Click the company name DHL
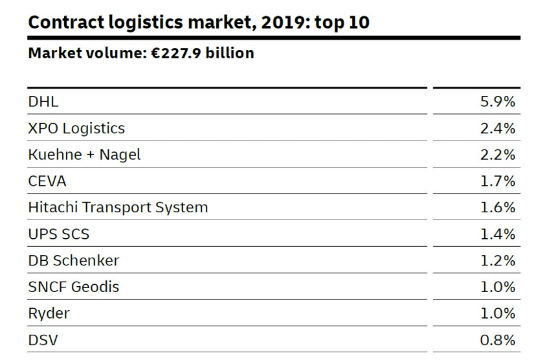[x=43, y=102]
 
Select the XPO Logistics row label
[x=76, y=128]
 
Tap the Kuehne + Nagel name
[x=84, y=155]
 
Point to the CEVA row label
[x=47, y=181]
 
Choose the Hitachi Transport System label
[x=118, y=208]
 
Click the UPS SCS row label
[x=59, y=234]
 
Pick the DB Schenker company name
[x=74, y=261]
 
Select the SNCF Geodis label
[x=74, y=287]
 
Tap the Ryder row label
[x=49, y=313]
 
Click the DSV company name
[x=43, y=340]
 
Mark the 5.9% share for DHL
[x=497, y=102]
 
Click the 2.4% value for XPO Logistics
[x=497, y=128]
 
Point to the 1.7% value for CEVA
[x=497, y=181]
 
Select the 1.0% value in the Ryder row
[x=497, y=313]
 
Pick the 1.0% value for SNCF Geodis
[x=497, y=287]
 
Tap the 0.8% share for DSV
[x=497, y=340]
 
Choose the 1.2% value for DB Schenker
[x=497, y=261]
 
